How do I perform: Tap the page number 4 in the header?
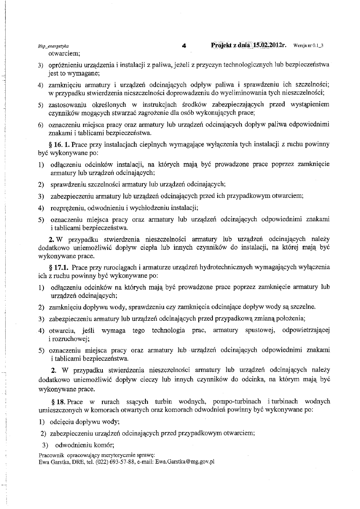click(183, 46)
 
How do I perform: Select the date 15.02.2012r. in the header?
click(270, 45)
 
